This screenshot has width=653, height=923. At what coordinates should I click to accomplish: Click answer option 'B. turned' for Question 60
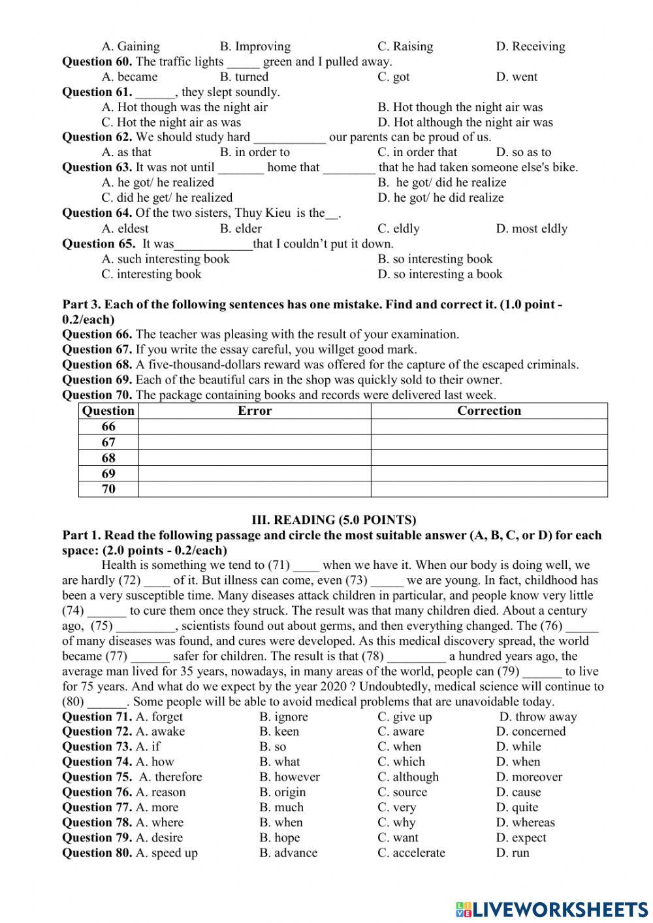click(244, 77)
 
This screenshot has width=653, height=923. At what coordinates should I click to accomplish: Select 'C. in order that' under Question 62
click(417, 152)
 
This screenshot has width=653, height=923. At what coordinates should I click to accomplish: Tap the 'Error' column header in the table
click(255, 411)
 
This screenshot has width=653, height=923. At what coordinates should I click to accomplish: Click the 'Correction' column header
click(489, 411)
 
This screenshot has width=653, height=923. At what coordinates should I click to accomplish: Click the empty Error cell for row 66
click(255, 427)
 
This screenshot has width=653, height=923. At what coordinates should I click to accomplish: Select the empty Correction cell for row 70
click(489, 489)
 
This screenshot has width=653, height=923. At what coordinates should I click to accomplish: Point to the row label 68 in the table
click(108, 458)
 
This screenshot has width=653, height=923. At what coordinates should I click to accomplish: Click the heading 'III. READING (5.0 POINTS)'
click(334, 520)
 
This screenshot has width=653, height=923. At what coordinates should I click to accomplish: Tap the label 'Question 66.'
click(97, 334)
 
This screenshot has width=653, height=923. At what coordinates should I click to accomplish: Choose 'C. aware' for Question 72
click(400, 732)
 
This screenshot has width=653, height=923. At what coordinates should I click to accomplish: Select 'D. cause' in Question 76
click(518, 792)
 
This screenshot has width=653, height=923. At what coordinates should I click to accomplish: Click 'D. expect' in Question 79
click(521, 837)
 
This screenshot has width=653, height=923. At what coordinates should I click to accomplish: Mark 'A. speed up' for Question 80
click(167, 853)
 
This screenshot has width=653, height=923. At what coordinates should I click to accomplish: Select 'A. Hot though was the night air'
click(185, 107)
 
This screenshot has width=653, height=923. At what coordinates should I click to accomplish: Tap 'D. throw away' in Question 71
click(538, 717)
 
